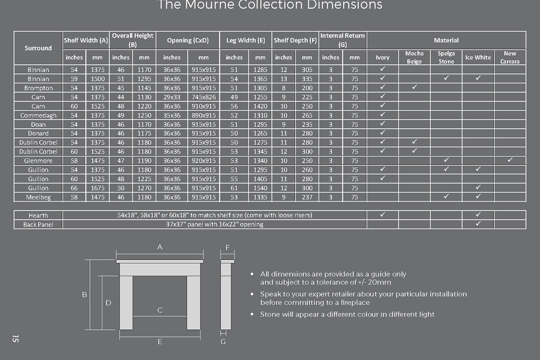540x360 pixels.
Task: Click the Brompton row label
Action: click(x=38, y=88)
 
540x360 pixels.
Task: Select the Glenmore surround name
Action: click(x=38, y=161)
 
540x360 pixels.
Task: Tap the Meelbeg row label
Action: click(x=38, y=197)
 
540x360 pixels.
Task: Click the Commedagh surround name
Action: click(x=38, y=115)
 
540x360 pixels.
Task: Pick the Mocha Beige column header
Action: click(x=414, y=57)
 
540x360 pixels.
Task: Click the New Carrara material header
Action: click(x=510, y=57)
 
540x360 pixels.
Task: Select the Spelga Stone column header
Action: click(x=446, y=57)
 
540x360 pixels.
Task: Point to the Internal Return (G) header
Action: click(x=342, y=40)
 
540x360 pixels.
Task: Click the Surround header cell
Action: click(x=38, y=48)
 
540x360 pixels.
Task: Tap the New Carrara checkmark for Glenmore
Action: click(x=510, y=160)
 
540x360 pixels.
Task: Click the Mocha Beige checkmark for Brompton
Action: click(x=414, y=87)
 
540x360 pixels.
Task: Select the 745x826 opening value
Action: click(x=203, y=97)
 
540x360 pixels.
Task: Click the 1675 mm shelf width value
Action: click(x=98, y=188)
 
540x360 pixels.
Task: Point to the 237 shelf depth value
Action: click(x=307, y=197)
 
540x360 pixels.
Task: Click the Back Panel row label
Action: click(x=38, y=224)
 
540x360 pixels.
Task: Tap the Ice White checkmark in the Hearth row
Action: click(x=478, y=215)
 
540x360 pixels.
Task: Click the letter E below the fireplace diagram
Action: click(x=160, y=342)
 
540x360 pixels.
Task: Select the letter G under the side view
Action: click(x=224, y=342)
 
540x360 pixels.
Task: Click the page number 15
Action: click(x=15, y=339)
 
